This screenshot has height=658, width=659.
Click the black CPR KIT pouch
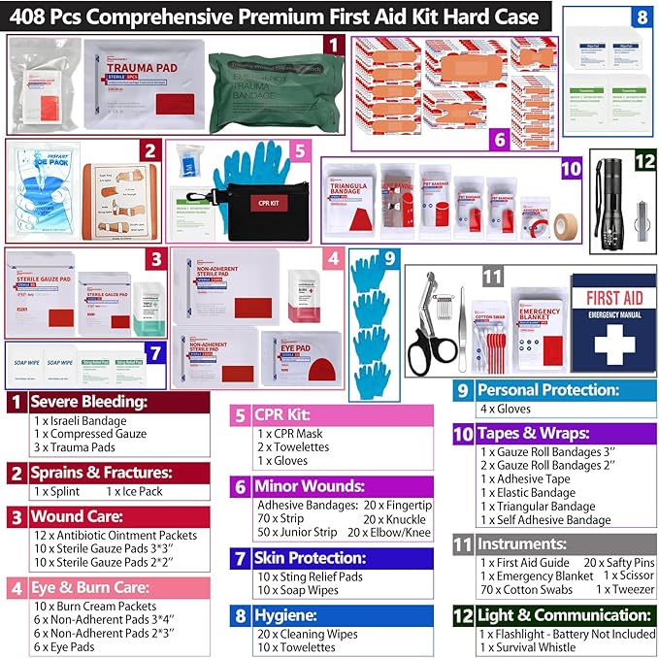coord(244,204)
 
